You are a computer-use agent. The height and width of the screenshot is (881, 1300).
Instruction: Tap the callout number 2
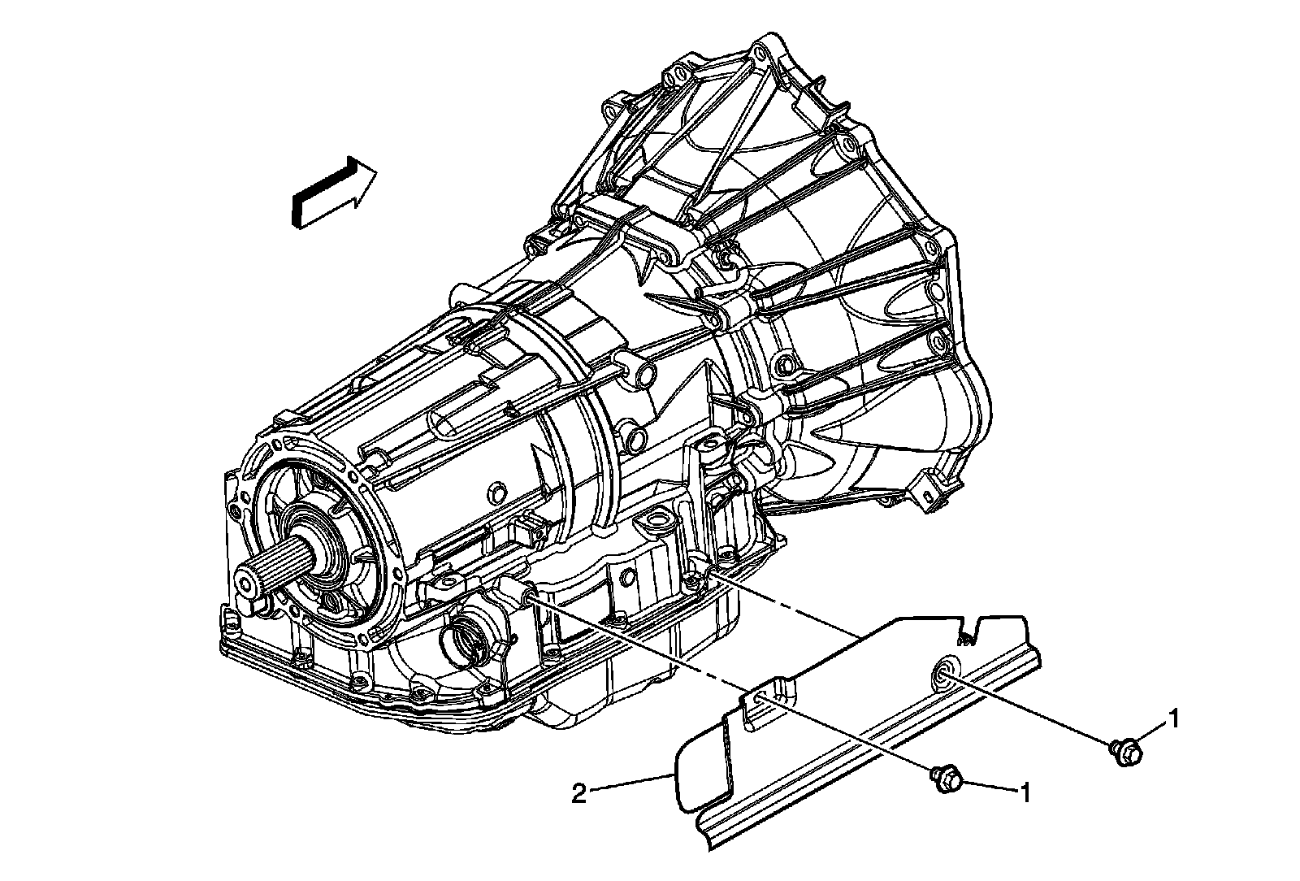tap(578, 792)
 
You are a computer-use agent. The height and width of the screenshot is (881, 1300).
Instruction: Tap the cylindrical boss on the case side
tap(640, 369)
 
